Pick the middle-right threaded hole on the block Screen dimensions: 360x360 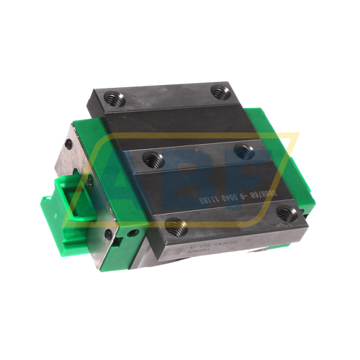pyautogui.click(x=243, y=152)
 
